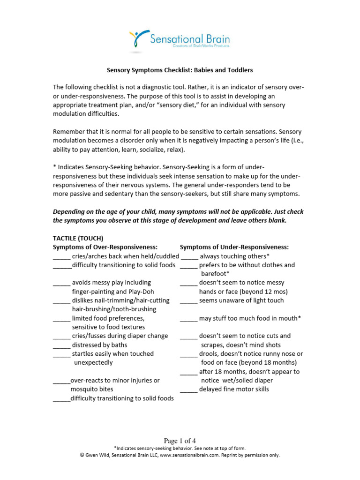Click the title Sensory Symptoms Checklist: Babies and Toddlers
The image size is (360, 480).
click(180, 70)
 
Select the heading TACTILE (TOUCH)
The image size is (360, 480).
click(78, 238)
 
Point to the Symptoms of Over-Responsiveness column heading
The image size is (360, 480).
click(105, 247)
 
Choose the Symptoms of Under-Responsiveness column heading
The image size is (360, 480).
click(234, 247)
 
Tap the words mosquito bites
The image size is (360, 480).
click(92, 389)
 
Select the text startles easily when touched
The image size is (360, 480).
click(112, 354)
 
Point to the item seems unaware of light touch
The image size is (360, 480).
click(241, 300)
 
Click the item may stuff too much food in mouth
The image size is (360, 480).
click(250, 318)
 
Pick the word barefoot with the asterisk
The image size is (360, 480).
click(215, 274)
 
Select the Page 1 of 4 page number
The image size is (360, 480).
click(180, 441)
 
